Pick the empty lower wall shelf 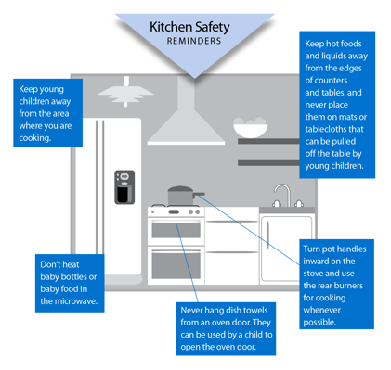tap(268, 141)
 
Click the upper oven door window tap(176, 231)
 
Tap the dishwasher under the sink tap(280, 246)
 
